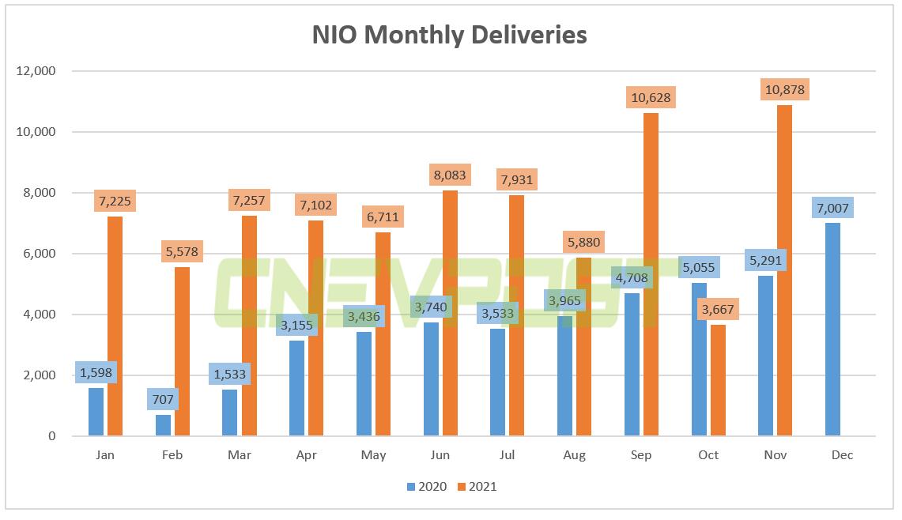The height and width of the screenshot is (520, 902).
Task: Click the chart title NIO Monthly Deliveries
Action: tap(450, 35)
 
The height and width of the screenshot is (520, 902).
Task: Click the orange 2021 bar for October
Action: tap(718, 380)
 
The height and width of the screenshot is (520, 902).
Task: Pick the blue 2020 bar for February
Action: tap(163, 425)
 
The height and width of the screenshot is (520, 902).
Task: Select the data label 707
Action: tap(162, 399)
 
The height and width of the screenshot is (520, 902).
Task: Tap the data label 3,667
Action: tap(718, 308)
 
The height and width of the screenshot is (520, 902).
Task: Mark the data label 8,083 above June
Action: tap(449, 175)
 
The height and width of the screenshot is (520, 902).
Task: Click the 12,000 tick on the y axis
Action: tap(36, 71)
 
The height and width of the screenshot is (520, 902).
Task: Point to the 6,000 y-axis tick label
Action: tap(39, 254)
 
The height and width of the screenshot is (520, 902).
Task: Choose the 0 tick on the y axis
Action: tap(51, 436)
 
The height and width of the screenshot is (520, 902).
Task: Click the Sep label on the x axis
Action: tap(641, 455)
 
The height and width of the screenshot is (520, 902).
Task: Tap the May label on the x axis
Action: tap(373, 455)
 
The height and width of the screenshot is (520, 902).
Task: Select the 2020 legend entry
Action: tap(427, 487)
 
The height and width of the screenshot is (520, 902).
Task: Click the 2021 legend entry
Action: tap(477, 487)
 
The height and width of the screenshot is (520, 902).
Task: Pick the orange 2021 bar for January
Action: tap(115, 326)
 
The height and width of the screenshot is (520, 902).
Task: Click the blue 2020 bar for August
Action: tap(565, 376)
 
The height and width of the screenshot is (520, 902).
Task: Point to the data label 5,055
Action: tap(699, 268)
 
